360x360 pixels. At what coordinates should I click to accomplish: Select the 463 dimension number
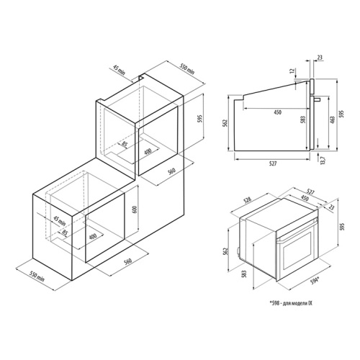click(x=333, y=121)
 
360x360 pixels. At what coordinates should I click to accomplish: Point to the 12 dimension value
click(x=292, y=71)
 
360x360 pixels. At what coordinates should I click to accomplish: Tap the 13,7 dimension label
click(x=323, y=160)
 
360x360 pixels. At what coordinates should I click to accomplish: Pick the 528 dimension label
click(x=248, y=200)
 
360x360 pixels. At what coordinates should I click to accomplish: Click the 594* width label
click(x=314, y=281)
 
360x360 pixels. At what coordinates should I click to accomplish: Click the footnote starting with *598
click(x=291, y=303)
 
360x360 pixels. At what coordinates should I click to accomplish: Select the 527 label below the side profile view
click(x=273, y=163)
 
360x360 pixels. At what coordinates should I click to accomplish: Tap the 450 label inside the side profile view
click(x=277, y=112)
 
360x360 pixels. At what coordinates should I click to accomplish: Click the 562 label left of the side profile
click(x=225, y=124)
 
